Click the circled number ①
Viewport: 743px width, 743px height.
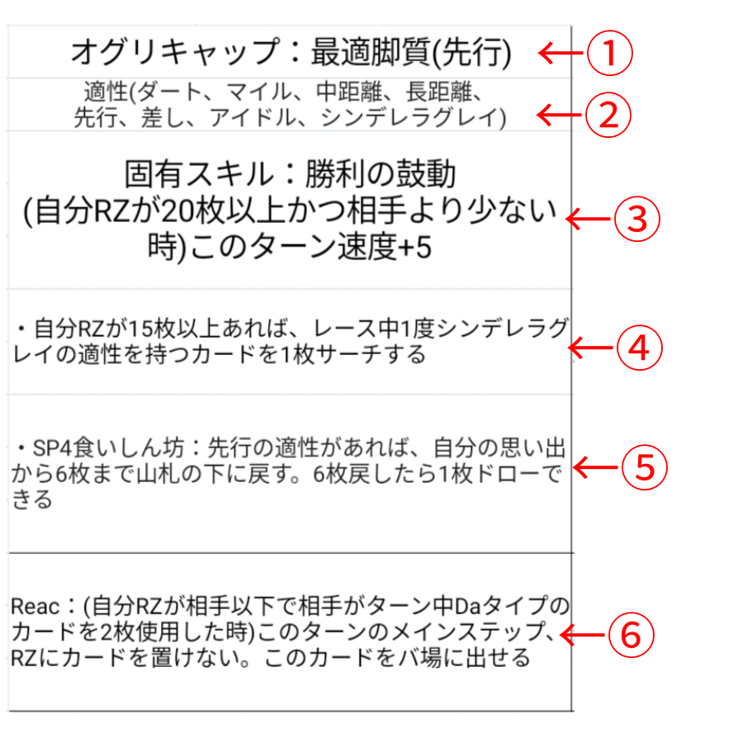(x=610, y=53)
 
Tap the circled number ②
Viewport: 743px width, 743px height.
(x=608, y=115)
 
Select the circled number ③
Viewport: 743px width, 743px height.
(x=637, y=219)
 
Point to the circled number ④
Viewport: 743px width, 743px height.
(x=639, y=348)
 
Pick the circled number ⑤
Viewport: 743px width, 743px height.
(x=644, y=467)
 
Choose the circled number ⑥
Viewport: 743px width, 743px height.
(x=631, y=635)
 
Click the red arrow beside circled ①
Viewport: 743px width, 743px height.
(x=561, y=53)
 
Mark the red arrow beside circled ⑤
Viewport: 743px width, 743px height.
(x=595, y=467)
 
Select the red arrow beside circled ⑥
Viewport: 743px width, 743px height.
(x=582, y=635)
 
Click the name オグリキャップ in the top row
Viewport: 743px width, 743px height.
(x=175, y=52)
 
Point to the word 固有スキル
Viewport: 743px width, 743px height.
(x=199, y=174)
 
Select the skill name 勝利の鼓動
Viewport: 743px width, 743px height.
(x=381, y=174)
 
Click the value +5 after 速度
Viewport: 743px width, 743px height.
(x=415, y=248)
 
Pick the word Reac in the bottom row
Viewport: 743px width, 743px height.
(x=35, y=606)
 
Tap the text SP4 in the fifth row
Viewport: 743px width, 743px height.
(x=52, y=447)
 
